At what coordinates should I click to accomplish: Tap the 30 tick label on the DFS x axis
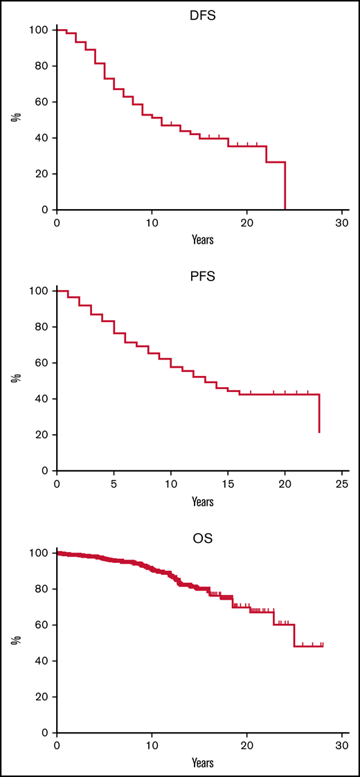coord(342,224)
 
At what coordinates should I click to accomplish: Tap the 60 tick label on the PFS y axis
coord(42,363)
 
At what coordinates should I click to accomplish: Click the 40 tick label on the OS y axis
coord(42,661)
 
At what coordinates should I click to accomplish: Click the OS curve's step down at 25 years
coord(294,636)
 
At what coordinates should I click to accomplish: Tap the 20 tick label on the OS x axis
coord(247,747)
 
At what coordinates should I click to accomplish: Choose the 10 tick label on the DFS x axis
coord(152,224)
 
